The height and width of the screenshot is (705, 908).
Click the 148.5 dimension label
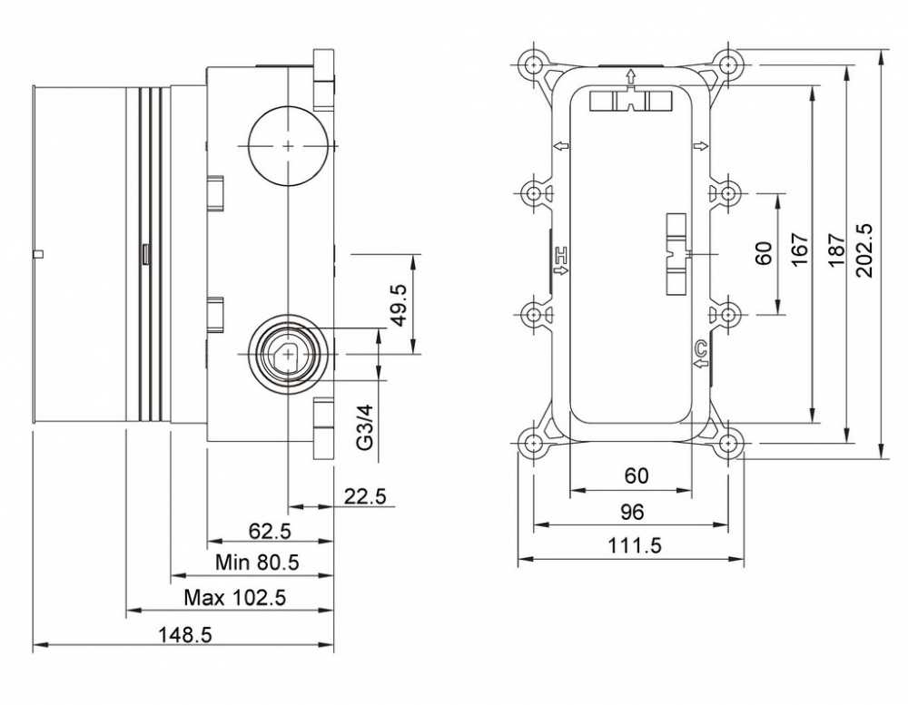point(185,635)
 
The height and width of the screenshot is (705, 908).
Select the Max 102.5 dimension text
point(234,597)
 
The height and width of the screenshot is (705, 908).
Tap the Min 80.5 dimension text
point(257,562)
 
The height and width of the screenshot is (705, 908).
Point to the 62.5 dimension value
point(270,531)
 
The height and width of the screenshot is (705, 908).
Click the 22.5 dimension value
point(365,496)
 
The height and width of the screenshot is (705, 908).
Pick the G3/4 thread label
point(365,427)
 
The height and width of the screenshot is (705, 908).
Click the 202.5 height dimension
point(864,250)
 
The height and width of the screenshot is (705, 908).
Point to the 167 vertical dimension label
point(800,250)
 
